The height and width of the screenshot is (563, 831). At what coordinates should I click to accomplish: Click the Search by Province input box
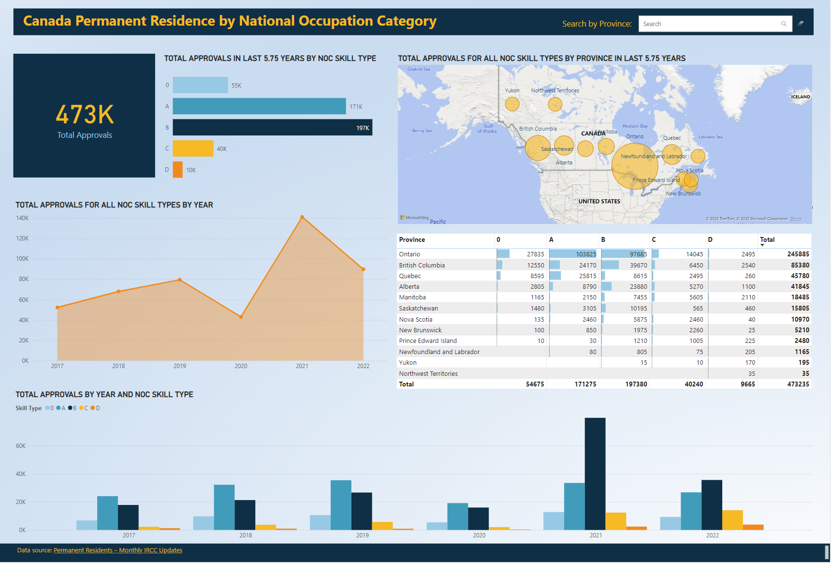[x=711, y=24]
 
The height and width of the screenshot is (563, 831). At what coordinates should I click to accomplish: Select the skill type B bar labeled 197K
[x=272, y=127]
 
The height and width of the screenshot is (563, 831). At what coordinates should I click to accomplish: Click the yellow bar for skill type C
[x=193, y=148]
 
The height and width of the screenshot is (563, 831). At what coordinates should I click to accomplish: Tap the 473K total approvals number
[x=85, y=115]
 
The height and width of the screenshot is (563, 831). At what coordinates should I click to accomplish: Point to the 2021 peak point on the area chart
[x=302, y=217]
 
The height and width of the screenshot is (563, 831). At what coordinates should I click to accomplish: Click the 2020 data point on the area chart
[x=241, y=317]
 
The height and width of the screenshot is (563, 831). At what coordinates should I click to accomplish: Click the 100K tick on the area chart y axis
[x=22, y=259]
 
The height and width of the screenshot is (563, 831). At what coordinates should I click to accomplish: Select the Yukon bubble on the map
[x=512, y=104]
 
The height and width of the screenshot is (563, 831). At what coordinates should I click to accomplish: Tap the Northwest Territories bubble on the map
[x=555, y=104]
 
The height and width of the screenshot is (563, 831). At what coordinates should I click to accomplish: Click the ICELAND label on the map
[x=800, y=97]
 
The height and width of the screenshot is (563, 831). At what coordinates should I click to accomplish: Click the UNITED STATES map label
[x=599, y=201]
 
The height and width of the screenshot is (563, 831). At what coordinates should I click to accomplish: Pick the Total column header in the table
[x=767, y=239]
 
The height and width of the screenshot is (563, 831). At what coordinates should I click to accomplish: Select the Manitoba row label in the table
[x=412, y=297]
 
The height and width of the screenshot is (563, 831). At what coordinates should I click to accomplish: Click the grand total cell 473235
[x=798, y=384]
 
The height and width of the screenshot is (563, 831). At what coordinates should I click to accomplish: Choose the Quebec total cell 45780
[x=800, y=276]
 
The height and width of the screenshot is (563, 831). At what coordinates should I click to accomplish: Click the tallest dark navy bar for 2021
[x=595, y=474]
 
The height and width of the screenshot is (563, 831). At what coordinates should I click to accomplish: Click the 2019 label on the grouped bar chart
[x=362, y=535]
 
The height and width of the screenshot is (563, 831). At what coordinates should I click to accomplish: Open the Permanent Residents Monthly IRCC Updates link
[x=118, y=550]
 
